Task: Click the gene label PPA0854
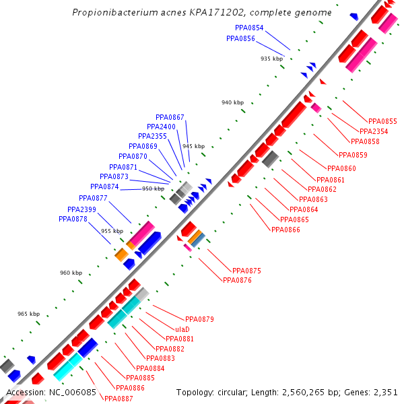click(249, 28)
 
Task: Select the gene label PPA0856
click(240, 38)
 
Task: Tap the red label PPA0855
click(382, 121)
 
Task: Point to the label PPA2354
click(374, 131)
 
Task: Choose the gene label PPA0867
click(170, 117)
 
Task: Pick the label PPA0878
click(73, 219)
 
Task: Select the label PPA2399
click(81, 209)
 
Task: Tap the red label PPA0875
click(246, 271)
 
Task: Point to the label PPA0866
click(285, 230)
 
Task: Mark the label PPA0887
click(119, 399)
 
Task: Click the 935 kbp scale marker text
click(271, 59)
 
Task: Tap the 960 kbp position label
click(71, 273)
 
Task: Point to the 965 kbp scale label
click(28, 314)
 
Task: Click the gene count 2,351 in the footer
click(386, 393)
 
